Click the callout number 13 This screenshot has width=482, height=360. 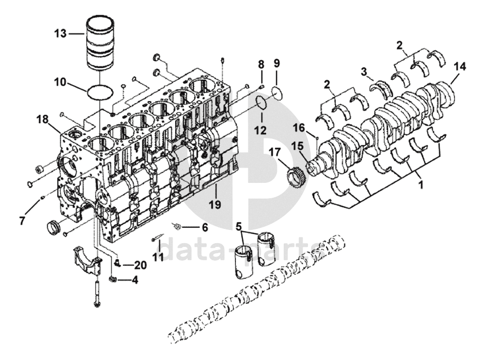pos(60,33)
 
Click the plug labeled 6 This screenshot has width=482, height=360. pos(178,227)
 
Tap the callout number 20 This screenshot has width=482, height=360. pos(140,265)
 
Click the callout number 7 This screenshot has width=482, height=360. pos(22,220)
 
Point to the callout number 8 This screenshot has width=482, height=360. pos(261,64)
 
